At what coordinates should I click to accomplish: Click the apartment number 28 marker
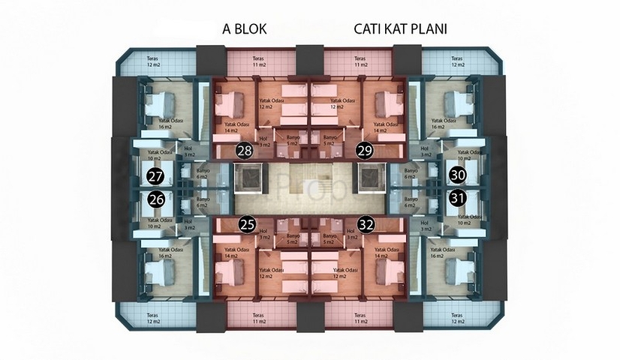244,151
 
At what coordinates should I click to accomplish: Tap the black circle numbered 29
365,151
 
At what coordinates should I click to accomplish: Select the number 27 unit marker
156,178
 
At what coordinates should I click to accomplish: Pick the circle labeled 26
156,199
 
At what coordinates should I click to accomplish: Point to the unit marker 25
246,223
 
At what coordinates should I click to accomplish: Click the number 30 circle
456,175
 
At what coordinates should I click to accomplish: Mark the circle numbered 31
456,198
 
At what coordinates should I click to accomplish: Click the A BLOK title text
245,29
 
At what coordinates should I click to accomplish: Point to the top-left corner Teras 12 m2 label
154,61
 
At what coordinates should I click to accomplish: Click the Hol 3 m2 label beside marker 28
263,142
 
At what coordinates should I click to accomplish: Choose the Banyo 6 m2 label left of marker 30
411,173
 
